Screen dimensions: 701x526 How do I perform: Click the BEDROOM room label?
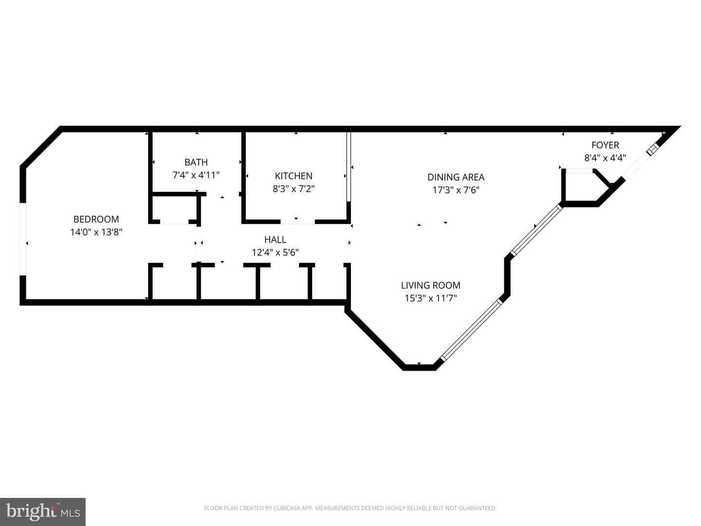click(96, 219)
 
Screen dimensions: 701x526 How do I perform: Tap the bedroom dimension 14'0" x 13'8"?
click(96, 232)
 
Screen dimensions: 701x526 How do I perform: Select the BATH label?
click(196, 162)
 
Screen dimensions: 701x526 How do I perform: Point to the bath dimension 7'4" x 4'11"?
click(196, 175)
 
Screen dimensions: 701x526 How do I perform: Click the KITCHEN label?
click(294, 176)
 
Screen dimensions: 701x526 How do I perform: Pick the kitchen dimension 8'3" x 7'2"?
click(294, 189)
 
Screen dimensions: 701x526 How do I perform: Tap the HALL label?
click(276, 240)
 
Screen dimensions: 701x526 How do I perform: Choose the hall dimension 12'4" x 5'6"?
click(276, 252)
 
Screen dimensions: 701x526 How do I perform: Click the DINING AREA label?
click(456, 177)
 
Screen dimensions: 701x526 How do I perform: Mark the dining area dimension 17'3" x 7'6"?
click(456, 190)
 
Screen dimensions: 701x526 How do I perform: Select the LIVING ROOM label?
click(430, 285)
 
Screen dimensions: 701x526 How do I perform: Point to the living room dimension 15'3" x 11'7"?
click(430, 298)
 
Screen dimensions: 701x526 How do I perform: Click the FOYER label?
click(605, 145)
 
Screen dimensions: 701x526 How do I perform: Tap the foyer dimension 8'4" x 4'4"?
click(605, 158)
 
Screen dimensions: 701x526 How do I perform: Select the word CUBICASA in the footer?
click(285, 508)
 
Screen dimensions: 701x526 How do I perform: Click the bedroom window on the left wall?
click(23, 239)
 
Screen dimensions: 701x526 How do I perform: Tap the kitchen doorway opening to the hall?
click(297, 222)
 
